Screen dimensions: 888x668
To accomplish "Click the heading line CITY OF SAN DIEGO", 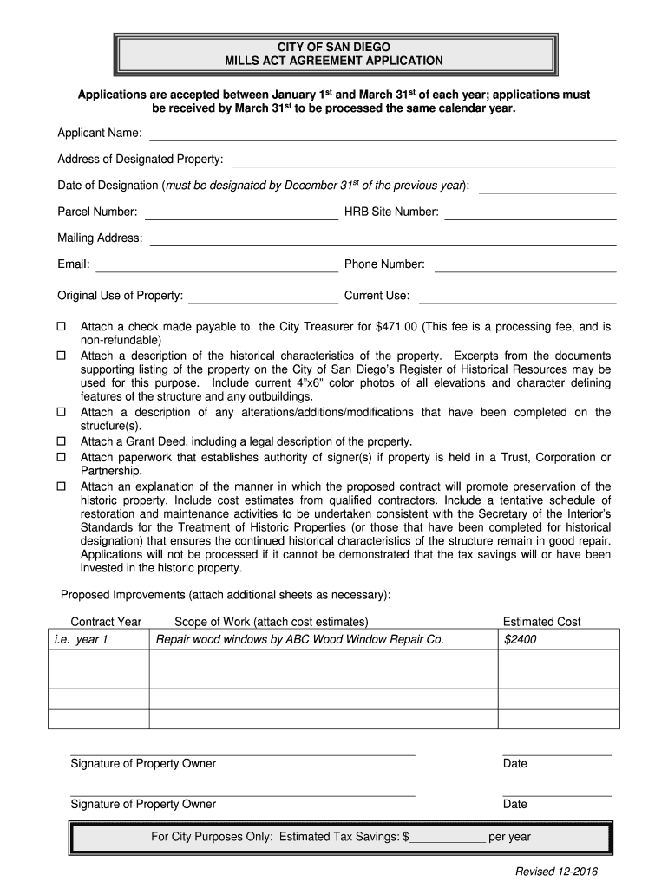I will tap(334, 46).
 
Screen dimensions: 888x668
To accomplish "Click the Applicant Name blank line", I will tap(383, 139).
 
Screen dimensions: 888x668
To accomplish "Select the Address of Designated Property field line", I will tap(424, 165).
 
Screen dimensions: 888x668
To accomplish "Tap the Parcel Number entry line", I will tap(241, 219).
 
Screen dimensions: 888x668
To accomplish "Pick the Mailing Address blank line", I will tap(383, 244).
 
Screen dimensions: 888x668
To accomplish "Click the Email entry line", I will tap(217, 270).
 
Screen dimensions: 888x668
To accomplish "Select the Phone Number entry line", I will tap(525, 270).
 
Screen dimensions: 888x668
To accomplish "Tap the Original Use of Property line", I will tap(263, 302).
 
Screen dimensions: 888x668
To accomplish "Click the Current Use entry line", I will tap(517, 302).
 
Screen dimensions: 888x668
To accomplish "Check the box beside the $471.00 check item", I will tap(62, 327).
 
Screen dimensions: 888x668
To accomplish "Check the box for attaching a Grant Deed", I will tap(62, 441).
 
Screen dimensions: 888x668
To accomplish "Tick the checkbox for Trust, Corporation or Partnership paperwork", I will tap(62, 457).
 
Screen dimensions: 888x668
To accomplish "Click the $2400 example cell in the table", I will tap(521, 640).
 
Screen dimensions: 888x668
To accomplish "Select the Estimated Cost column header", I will tap(541, 622).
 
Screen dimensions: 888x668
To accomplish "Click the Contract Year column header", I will tap(106, 622).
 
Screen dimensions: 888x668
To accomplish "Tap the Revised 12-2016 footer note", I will tap(556, 872).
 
